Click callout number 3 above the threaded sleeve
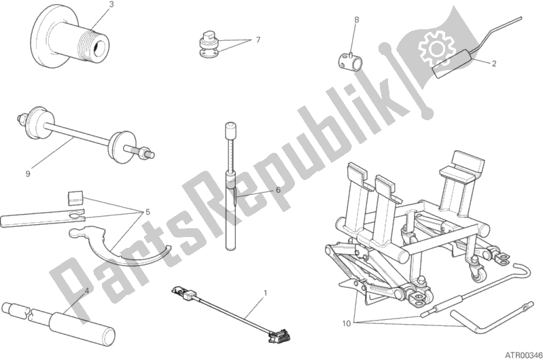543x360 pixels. pos(111,5)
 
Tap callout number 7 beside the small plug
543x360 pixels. pos(258,40)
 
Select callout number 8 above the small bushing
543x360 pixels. pos(357,20)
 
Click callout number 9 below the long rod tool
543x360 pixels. pos(28,173)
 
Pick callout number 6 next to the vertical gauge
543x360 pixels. pos(278,190)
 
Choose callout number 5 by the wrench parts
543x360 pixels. pos(147,212)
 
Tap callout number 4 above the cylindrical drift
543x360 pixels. pos(86,291)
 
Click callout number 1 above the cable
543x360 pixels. pos(265,293)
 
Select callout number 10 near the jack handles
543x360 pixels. pos(347,323)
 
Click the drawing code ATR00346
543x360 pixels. pos(522,355)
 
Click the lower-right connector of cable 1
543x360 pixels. pos(280,335)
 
